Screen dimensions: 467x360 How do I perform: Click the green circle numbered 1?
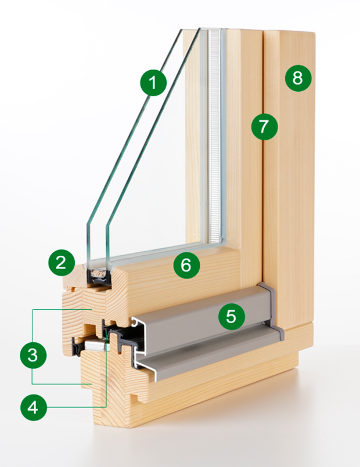click(x=153, y=83)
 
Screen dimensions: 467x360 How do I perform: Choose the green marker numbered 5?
click(x=231, y=316)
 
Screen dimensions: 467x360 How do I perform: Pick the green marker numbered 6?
click(x=186, y=266)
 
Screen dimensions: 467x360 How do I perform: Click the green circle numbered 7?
click(x=264, y=126)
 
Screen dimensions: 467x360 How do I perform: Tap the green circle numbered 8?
click(x=297, y=78)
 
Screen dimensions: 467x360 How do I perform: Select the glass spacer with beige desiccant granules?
click(x=99, y=271)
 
